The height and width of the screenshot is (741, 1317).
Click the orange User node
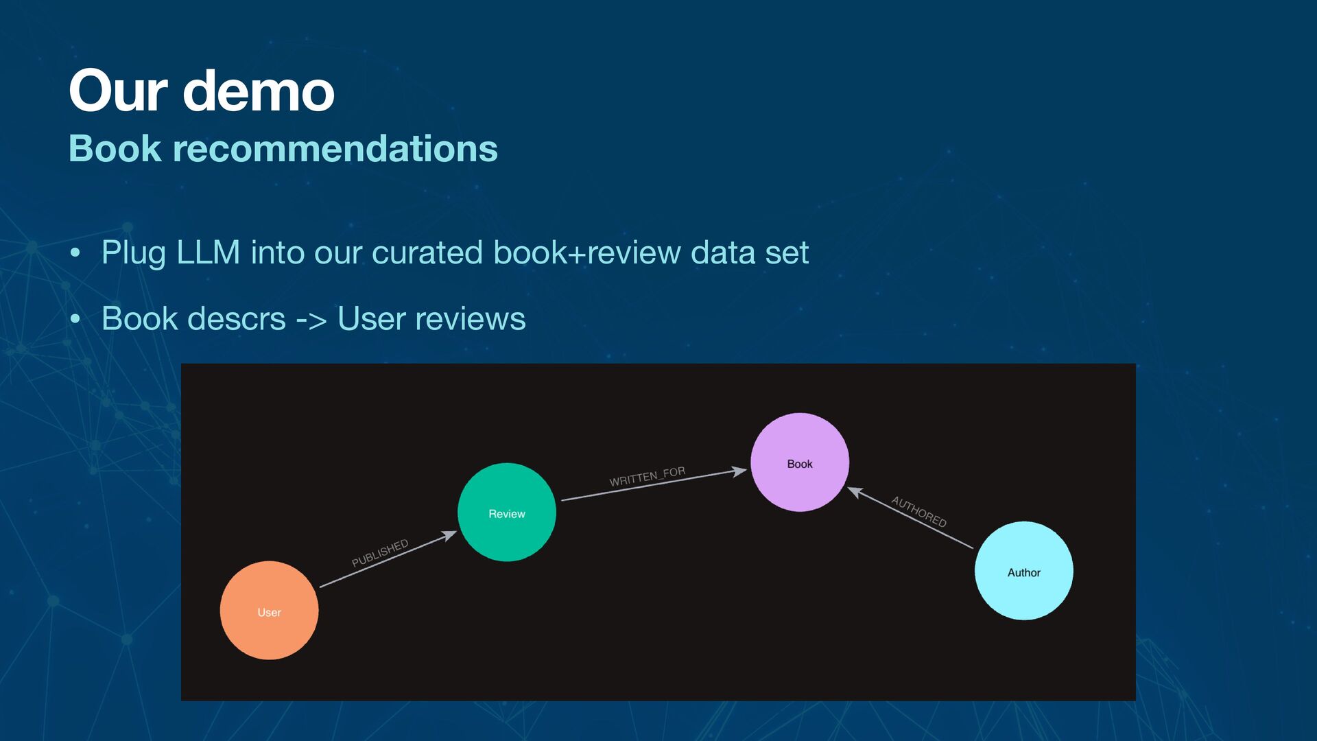click(269, 611)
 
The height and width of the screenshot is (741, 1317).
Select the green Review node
click(507, 513)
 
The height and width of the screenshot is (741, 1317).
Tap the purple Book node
click(800, 462)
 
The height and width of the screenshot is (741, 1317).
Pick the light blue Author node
click(1023, 571)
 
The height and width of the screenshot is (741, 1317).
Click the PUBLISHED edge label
click(380, 553)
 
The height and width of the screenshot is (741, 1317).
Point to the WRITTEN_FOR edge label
click(647, 476)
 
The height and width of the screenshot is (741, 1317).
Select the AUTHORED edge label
click(918, 512)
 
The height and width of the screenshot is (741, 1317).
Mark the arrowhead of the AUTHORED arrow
click(855, 491)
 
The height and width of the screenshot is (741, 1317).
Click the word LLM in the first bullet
click(208, 252)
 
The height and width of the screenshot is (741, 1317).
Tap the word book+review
click(586, 252)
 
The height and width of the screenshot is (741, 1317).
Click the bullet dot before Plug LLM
click(75, 253)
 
